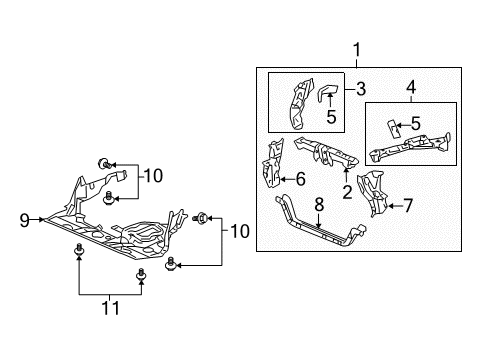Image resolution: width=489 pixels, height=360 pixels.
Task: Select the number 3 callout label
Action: point(361,89)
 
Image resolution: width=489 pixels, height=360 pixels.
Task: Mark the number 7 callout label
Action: point(407,207)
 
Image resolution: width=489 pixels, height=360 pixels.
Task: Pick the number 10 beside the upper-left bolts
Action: point(151,176)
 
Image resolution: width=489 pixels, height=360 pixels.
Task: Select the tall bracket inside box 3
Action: point(298,104)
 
